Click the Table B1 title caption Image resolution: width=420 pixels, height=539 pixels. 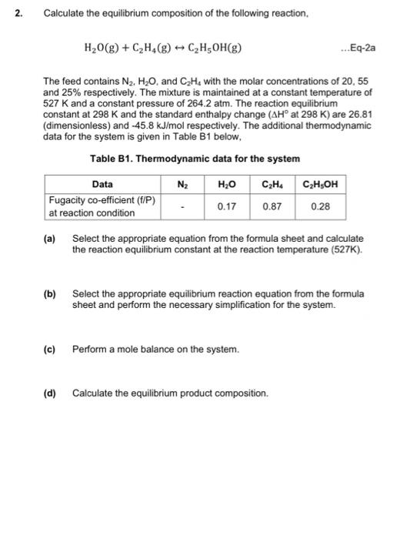[x=195, y=159]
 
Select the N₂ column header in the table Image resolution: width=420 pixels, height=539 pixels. [x=183, y=184]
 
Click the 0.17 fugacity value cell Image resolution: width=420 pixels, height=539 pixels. [x=226, y=206]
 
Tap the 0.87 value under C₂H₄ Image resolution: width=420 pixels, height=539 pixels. [x=271, y=206]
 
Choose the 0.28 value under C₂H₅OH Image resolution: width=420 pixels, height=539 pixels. [x=320, y=206]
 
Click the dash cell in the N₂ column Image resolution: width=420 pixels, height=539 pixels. [x=183, y=206]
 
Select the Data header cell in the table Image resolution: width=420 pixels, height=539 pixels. [x=102, y=184]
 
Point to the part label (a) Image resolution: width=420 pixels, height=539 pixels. [x=49, y=239]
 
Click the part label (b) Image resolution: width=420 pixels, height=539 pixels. [x=49, y=294]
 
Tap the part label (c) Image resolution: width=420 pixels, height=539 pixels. [x=49, y=349]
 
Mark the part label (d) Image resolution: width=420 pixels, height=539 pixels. [x=49, y=393]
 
